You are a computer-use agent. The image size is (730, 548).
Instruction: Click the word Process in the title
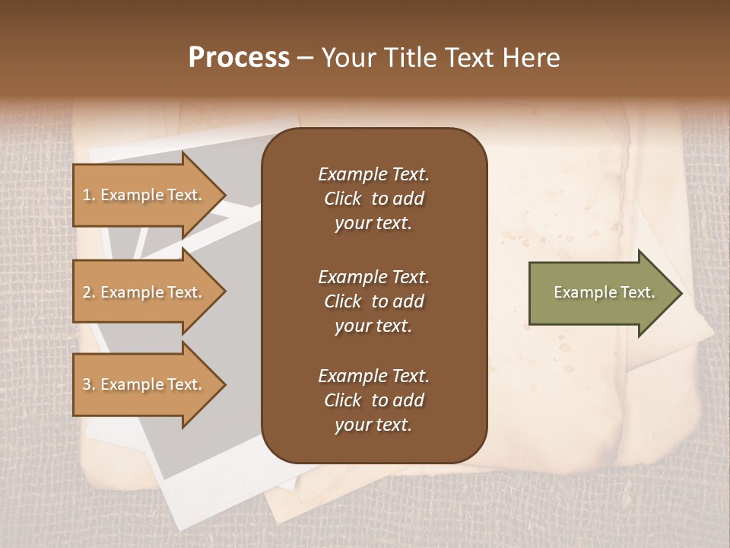tap(239, 58)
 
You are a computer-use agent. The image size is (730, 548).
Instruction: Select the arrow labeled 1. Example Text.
tap(144, 195)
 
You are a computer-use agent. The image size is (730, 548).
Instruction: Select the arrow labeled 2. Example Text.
tap(144, 292)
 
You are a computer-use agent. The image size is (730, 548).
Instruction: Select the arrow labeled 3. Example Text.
tap(144, 384)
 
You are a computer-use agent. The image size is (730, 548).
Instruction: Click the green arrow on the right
tap(601, 292)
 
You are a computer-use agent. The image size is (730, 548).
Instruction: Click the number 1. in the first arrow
tap(89, 195)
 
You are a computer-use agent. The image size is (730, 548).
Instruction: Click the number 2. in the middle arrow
tap(89, 292)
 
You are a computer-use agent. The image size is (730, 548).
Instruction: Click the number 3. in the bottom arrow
tap(89, 384)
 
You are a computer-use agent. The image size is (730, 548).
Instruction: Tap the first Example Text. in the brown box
tap(373, 174)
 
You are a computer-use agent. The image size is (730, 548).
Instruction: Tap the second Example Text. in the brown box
tap(373, 276)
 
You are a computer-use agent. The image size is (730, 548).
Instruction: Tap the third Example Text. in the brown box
tap(373, 376)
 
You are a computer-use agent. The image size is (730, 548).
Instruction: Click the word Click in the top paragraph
tap(342, 199)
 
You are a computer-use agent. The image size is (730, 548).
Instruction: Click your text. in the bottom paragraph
tap(373, 425)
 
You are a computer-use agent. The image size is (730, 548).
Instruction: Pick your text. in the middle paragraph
tap(373, 326)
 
